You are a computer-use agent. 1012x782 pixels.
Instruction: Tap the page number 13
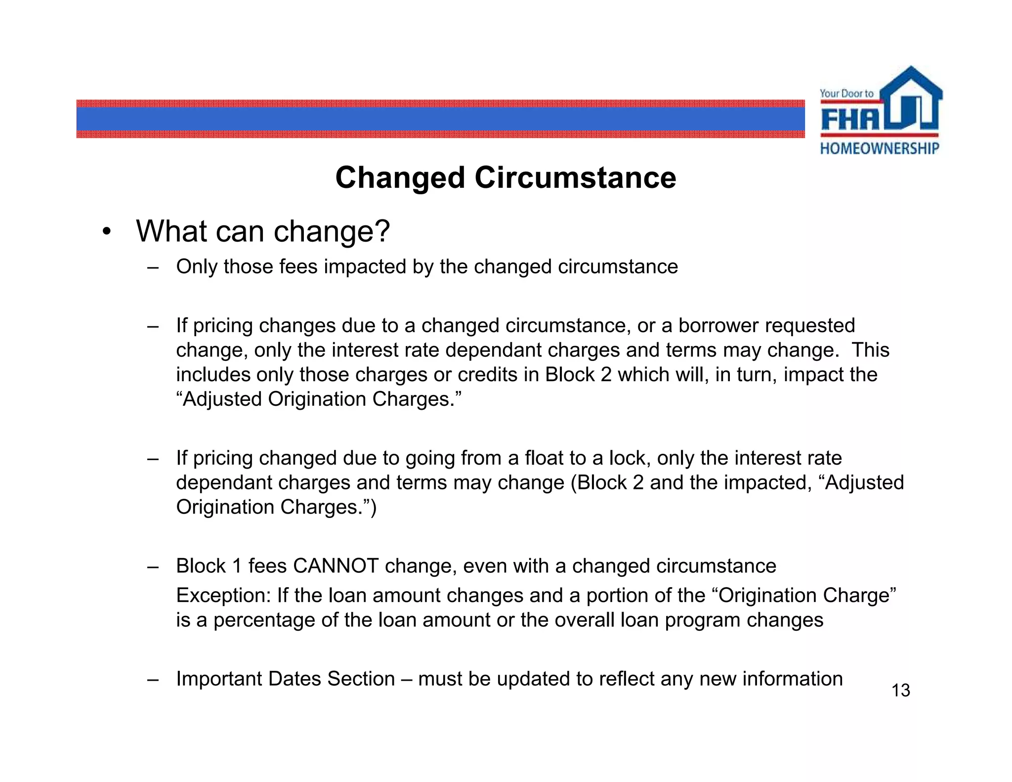tap(900, 691)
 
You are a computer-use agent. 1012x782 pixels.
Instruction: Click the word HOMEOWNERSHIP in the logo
tap(880, 148)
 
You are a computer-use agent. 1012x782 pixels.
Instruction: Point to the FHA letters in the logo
tap(850, 119)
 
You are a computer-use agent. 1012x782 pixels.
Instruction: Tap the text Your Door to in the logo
tap(846, 93)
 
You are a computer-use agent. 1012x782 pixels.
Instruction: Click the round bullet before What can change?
tap(106, 231)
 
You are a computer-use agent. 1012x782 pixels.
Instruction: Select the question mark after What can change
tap(381, 231)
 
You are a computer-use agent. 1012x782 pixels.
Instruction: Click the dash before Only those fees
tap(153, 267)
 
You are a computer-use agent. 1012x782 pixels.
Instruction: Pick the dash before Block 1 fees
tap(153, 567)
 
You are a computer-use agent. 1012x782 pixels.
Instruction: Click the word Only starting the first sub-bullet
tap(197, 267)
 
